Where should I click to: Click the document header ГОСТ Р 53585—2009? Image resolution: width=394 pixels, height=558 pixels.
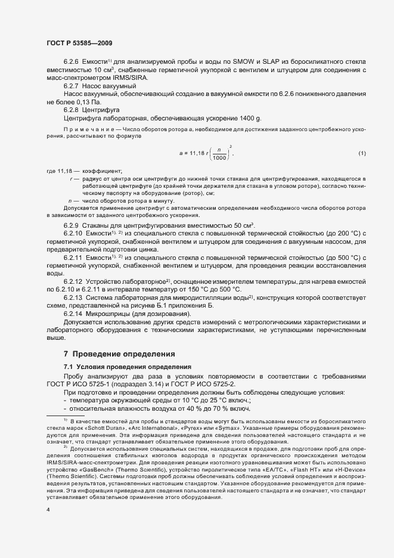click(x=78, y=43)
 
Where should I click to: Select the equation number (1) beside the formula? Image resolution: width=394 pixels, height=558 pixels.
click(x=361, y=154)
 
